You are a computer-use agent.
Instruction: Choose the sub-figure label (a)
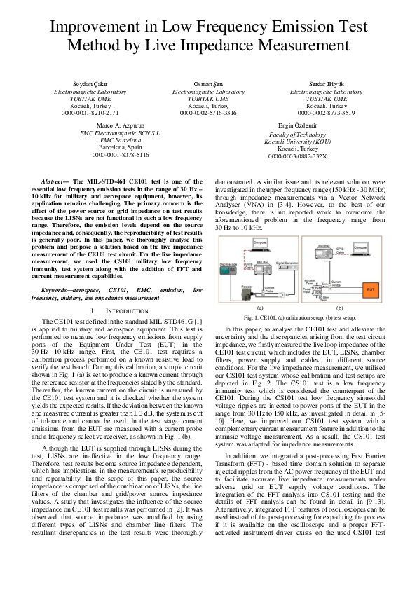[x=260, y=308]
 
